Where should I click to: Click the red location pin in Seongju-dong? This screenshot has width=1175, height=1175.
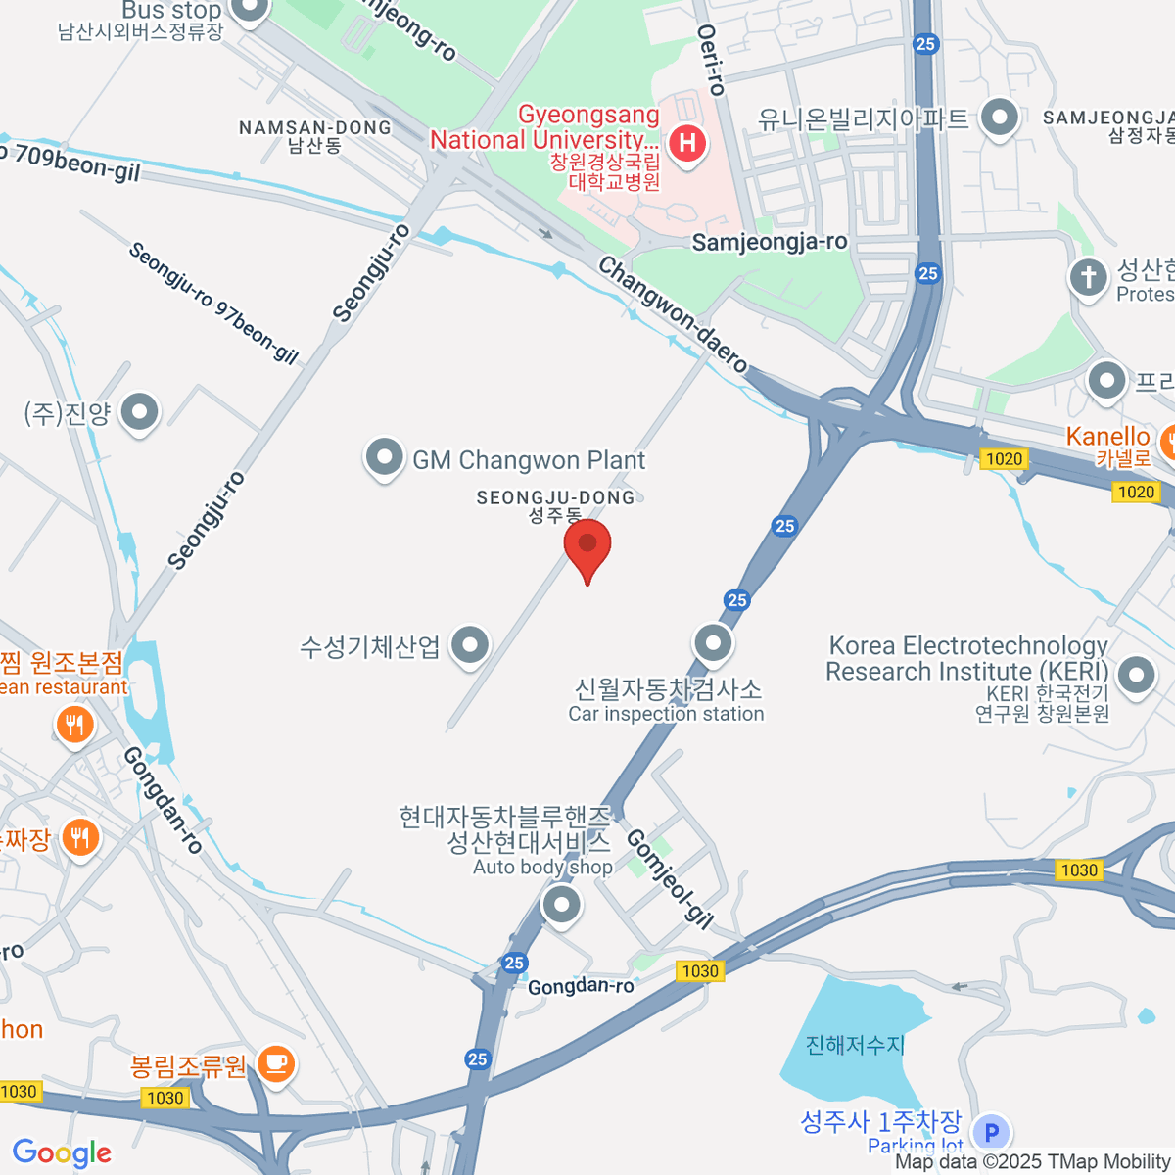[587, 544]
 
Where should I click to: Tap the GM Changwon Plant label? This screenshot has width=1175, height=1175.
[529, 460]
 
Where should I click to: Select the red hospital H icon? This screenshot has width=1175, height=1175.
[688, 144]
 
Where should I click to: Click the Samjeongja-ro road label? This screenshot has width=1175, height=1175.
[770, 242]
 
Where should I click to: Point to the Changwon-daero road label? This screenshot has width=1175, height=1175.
[673, 313]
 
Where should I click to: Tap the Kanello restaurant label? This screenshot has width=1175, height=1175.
[1108, 437]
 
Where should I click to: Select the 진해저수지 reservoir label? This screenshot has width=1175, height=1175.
[855, 1045]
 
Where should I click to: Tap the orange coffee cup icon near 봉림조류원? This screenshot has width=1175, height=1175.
[276, 1063]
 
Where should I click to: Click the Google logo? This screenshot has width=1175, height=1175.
[62, 1153]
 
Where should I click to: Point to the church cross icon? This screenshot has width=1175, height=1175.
[1088, 277]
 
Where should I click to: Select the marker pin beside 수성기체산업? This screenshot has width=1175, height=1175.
[471, 645]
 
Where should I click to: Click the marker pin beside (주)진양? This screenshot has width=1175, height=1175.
[139, 412]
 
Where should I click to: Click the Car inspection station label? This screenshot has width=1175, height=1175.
[666, 714]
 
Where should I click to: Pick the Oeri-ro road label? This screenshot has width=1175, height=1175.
[712, 60]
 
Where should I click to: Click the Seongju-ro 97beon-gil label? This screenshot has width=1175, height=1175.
[213, 303]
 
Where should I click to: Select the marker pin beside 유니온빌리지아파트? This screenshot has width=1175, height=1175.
[999, 118]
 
